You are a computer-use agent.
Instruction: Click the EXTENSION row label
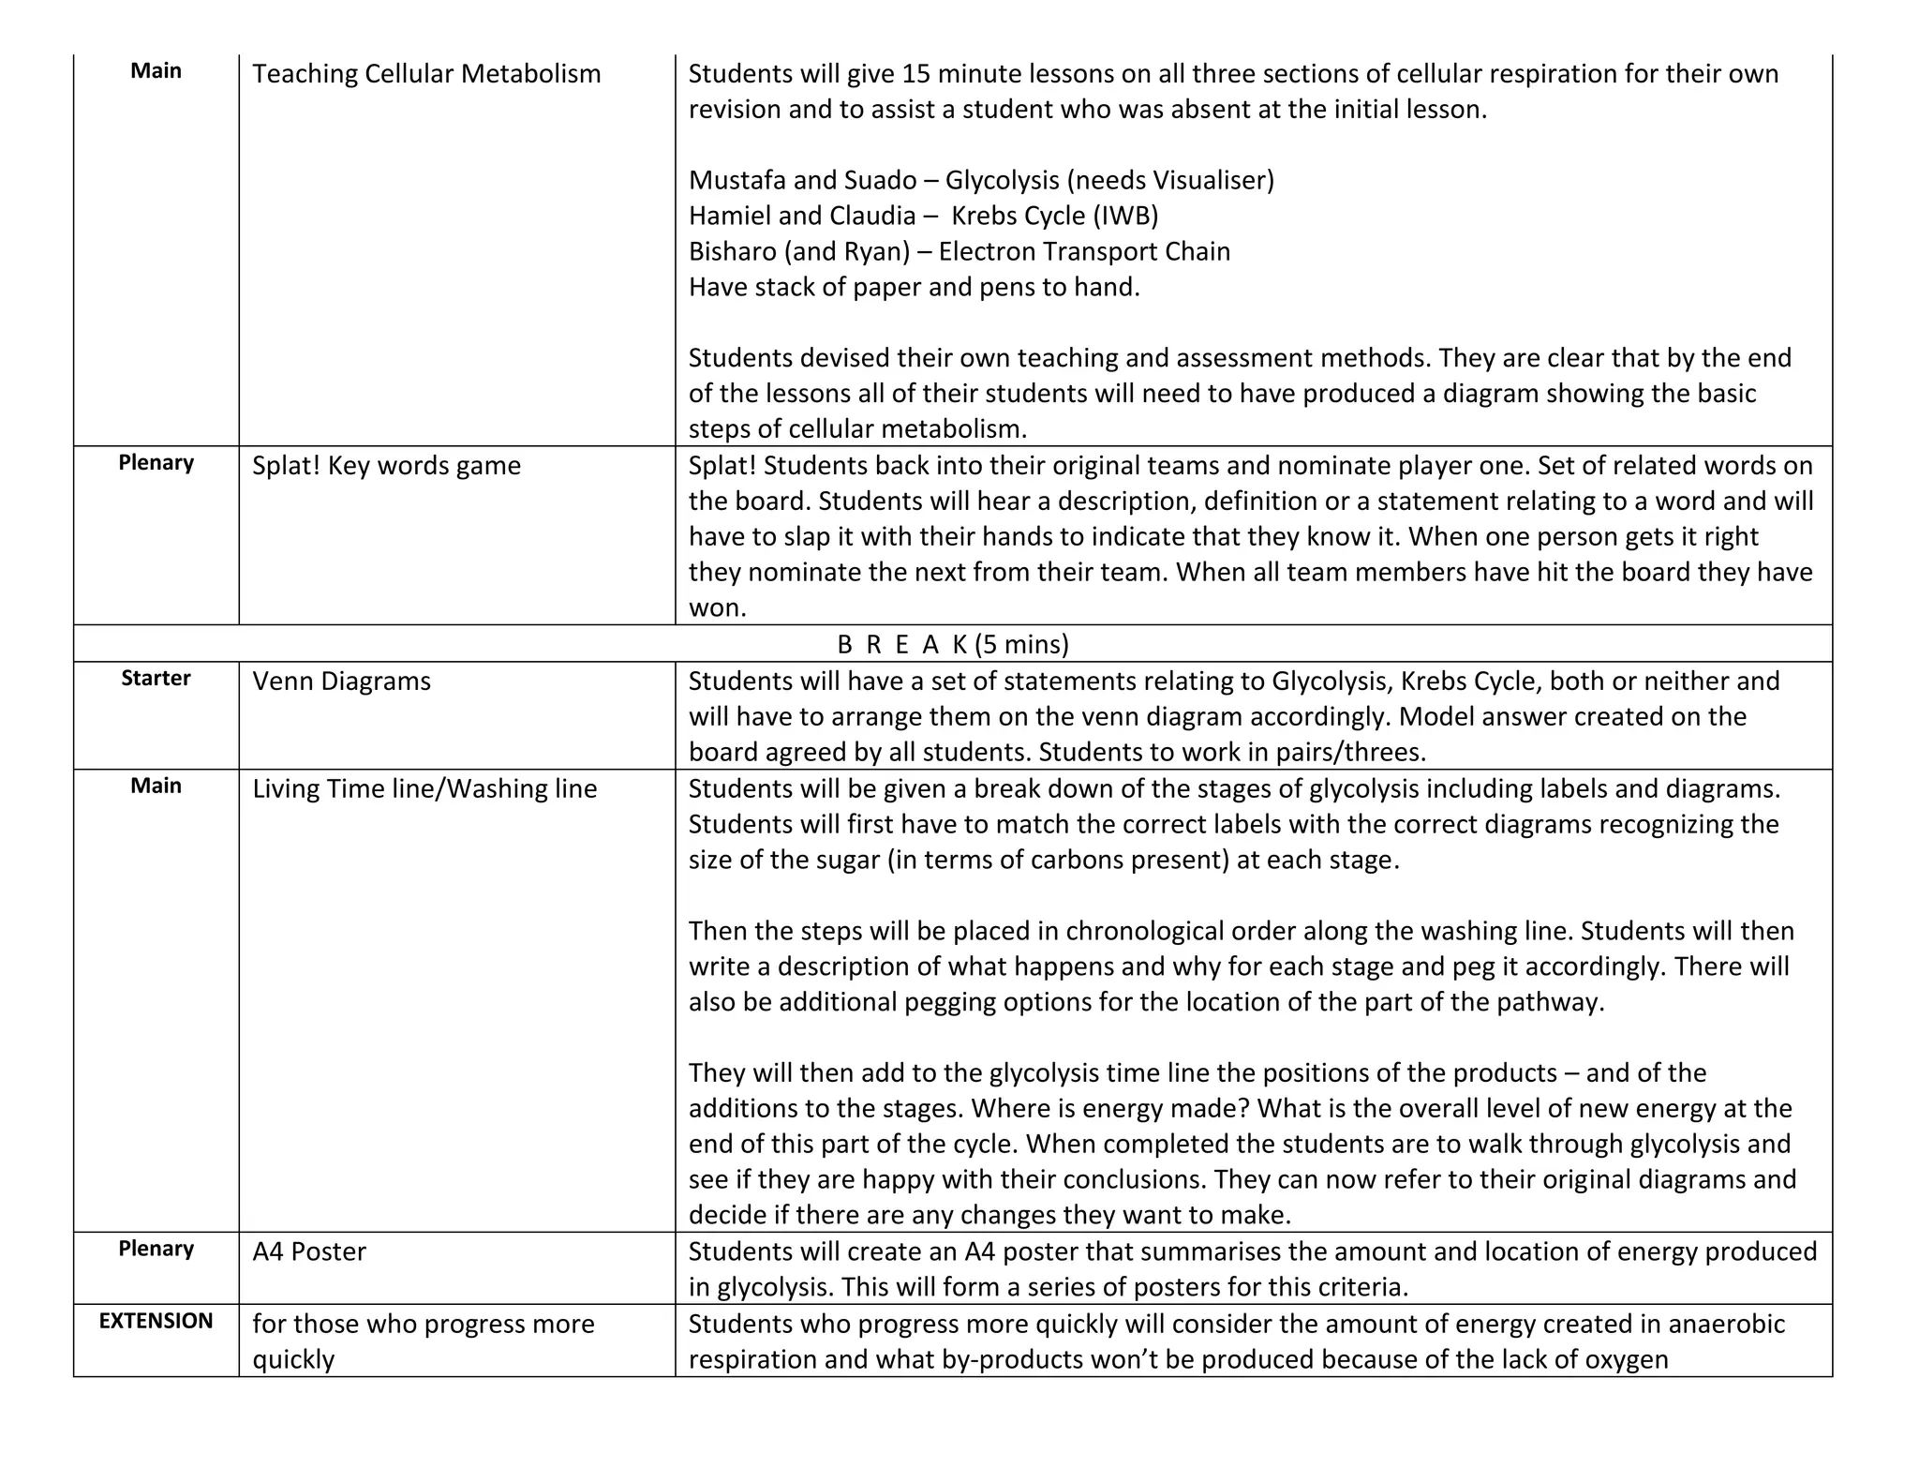click(156, 1321)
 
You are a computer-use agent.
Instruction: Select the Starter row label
click(156, 678)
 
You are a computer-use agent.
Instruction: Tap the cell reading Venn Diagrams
click(341, 681)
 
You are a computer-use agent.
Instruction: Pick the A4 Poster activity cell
click(309, 1251)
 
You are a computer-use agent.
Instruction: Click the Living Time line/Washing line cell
click(424, 788)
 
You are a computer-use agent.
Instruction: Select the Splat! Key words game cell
click(386, 465)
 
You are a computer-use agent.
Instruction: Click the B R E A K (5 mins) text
click(952, 644)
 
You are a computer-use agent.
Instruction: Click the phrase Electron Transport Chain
click(1084, 251)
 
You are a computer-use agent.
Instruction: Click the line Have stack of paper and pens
click(914, 287)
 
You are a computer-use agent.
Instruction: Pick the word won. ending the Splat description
click(717, 607)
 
